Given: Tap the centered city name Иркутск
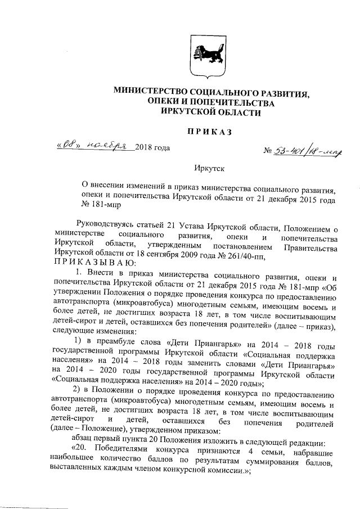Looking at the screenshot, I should click(x=209, y=167).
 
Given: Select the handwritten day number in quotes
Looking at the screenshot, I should click(x=74, y=146).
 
